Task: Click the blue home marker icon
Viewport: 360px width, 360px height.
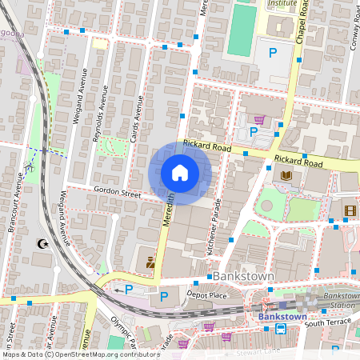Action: pos(180,173)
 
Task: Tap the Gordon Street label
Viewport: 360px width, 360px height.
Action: pos(117,193)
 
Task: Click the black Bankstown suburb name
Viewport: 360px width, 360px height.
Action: pos(245,276)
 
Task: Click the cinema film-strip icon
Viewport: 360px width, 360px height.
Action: pos(350,211)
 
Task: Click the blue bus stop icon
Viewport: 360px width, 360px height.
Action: pos(281,329)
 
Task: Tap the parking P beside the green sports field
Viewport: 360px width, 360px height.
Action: pos(273,53)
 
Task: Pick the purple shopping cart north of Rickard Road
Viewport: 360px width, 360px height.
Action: pos(259,119)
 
